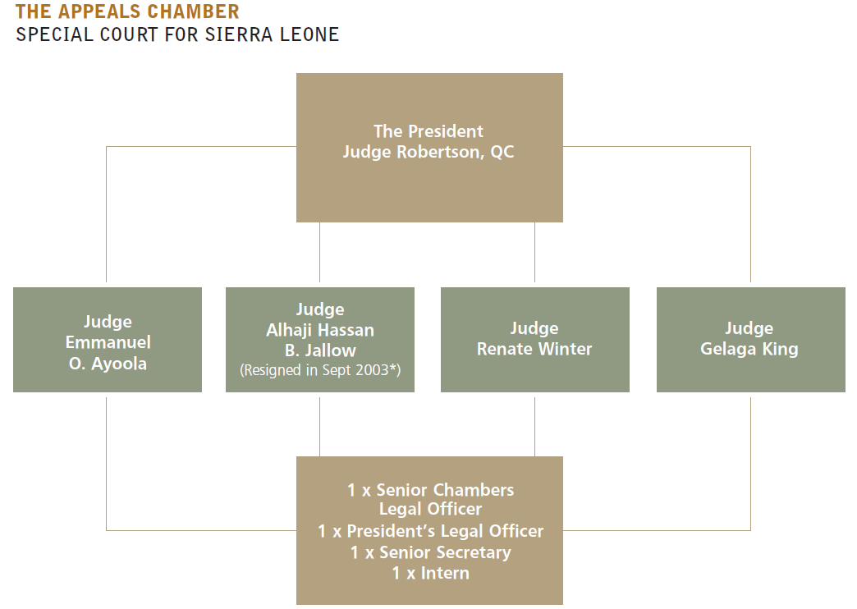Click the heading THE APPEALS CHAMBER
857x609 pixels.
pyautogui.click(x=127, y=11)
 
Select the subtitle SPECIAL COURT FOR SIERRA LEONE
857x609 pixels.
pyautogui.click(x=177, y=35)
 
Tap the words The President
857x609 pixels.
pyautogui.click(x=428, y=131)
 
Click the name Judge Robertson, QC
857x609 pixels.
pyautogui.click(x=428, y=152)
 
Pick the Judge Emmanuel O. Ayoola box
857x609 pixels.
pyautogui.click(x=108, y=340)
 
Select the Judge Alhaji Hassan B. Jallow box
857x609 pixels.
pyautogui.click(x=320, y=340)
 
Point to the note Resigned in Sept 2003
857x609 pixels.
pyautogui.click(x=320, y=370)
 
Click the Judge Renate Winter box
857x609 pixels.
pyautogui.click(x=535, y=340)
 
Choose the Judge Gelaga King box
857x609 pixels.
pyautogui.click(x=751, y=340)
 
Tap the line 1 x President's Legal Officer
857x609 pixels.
pyautogui.click(x=431, y=531)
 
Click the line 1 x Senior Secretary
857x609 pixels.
pyautogui.click(x=431, y=552)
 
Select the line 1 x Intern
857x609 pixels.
pyautogui.click(x=431, y=574)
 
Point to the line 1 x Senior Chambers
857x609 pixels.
pyautogui.click(x=431, y=490)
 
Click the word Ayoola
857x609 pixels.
pyautogui.click(x=118, y=364)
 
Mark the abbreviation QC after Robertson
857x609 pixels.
pyautogui.click(x=502, y=152)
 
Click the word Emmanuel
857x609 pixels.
pyautogui.click(x=108, y=343)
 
